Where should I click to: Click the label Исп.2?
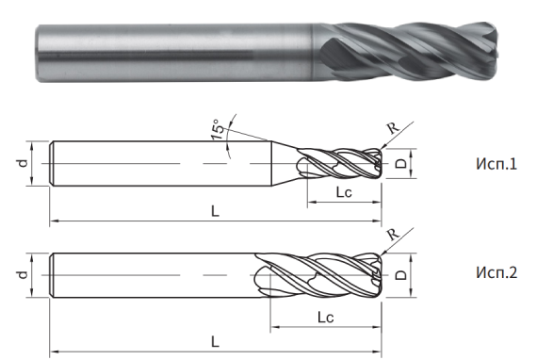click(x=496, y=274)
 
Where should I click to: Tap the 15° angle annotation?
click(x=219, y=130)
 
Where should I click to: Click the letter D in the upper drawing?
click(x=399, y=163)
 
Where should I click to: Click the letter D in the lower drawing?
click(x=399, y=274)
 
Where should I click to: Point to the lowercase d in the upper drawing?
click(x=21, y=164)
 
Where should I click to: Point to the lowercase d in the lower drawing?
click(x=21, y=274)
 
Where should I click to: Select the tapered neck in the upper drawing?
click(x=285, y=164)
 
